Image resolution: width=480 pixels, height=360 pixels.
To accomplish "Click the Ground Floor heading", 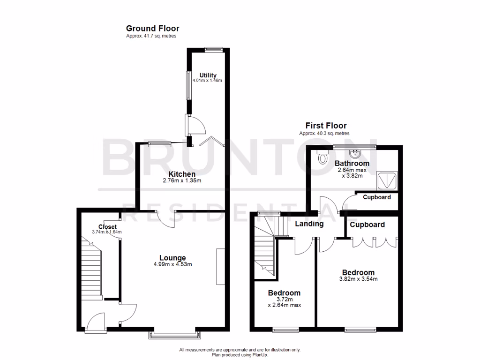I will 152,29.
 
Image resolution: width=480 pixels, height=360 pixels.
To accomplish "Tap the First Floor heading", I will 326,126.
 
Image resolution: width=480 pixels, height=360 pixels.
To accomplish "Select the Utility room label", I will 208,75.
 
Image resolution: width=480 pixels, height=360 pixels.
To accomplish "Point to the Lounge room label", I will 172,258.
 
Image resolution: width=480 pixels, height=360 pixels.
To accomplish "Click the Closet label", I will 107,227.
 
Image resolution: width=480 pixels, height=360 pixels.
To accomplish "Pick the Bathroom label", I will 352,163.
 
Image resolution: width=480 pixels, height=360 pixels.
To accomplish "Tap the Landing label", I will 309,224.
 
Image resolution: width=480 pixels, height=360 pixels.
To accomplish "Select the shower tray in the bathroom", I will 388,180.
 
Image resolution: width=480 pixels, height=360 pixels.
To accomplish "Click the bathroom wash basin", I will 355,153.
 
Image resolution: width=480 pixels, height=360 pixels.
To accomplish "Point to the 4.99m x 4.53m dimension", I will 172,264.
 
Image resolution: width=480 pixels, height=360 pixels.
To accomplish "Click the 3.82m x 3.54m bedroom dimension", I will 358,279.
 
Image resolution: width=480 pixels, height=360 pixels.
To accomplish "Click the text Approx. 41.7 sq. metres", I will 151,37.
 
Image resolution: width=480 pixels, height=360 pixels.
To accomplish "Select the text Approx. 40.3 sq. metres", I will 324,133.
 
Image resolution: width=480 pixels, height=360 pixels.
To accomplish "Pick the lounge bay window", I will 173,334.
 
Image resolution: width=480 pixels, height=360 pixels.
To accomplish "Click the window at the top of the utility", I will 214,48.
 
